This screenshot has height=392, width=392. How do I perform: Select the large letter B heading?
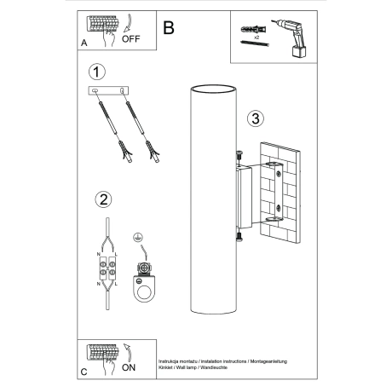click(169, 28)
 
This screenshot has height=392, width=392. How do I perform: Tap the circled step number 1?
click(100, 72)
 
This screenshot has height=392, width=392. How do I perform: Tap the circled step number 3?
click(254, 118)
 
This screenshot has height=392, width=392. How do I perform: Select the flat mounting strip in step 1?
click(112, 90)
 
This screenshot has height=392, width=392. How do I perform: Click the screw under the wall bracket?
click(239, 236)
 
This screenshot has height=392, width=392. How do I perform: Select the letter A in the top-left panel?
click(84, 40)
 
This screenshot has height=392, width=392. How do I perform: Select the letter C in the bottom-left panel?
click(84, 373)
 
